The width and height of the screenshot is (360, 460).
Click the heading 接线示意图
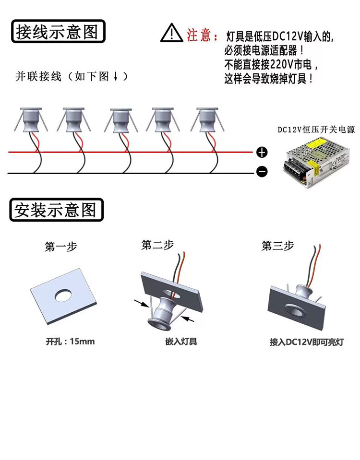pos(57,32)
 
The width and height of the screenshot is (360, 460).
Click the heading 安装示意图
pos(56,210)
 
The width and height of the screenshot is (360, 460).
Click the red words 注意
pos(199,35)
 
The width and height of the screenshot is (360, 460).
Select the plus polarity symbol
pos(262,153)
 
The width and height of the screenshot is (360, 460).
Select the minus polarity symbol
pos(262,171)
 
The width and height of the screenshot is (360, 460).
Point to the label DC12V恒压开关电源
pos(315,130)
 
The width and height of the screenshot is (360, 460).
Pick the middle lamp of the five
pos(119,121)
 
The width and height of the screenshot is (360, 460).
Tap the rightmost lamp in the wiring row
pos(207,120)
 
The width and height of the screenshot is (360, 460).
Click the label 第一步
pos(60,247)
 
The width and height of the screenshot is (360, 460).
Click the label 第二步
pos(157,245)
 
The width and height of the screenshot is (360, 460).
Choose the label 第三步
pos(277,246)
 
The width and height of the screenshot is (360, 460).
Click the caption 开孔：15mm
pos(70,342)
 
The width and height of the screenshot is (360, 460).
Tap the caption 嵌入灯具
pos(181,342)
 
